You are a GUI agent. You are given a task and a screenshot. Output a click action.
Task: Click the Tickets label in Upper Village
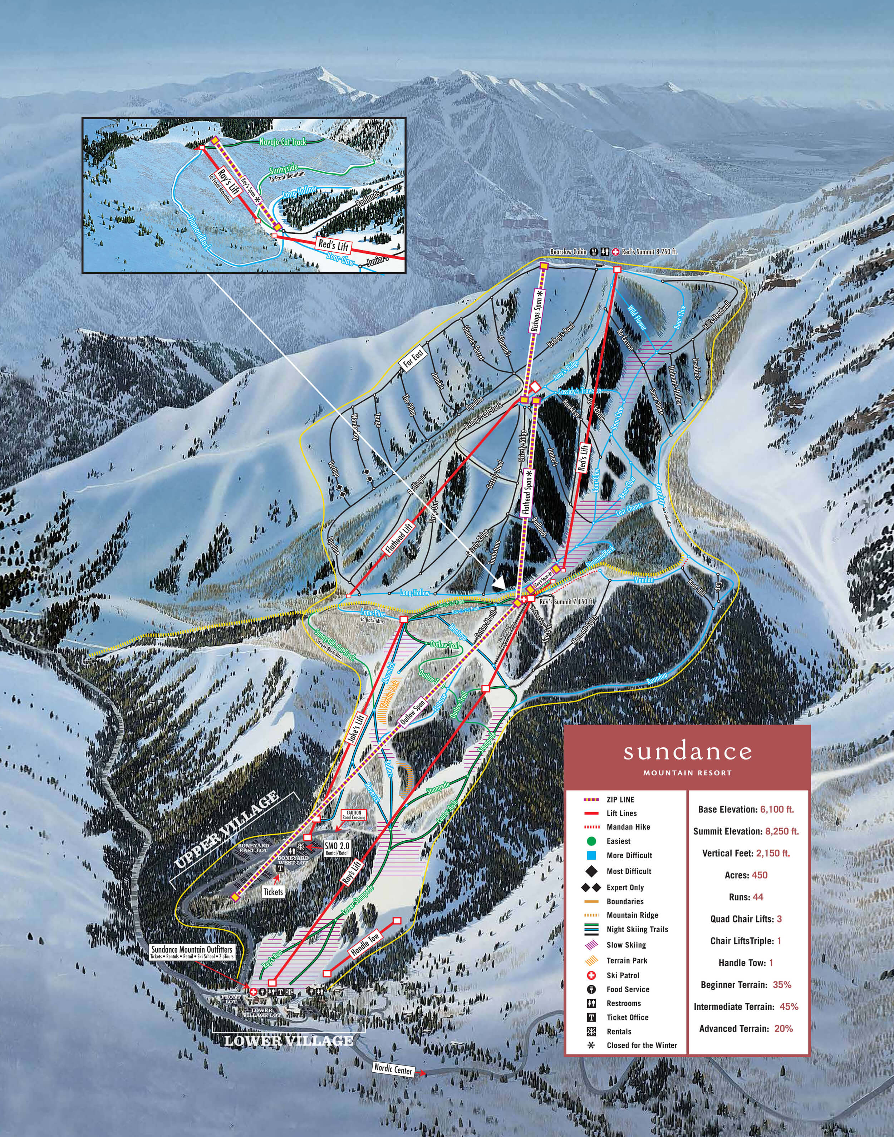tap(273, 891)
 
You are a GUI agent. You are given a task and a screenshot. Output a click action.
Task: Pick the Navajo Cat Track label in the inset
tap(282, 142)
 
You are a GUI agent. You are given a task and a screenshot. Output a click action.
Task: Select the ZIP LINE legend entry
tap(620, 800)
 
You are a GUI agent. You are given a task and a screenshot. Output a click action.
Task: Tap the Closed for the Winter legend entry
tap(642, 1045)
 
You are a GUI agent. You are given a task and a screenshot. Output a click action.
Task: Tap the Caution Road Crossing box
tap(353, 815)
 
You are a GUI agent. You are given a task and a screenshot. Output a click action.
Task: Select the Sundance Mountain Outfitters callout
tap(192, 952)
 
